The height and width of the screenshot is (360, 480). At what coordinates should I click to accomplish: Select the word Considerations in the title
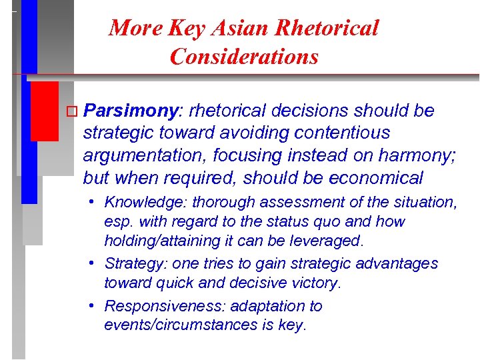tap(244, 57)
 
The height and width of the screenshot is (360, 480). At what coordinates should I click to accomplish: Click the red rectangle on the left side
tap(44, 111)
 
